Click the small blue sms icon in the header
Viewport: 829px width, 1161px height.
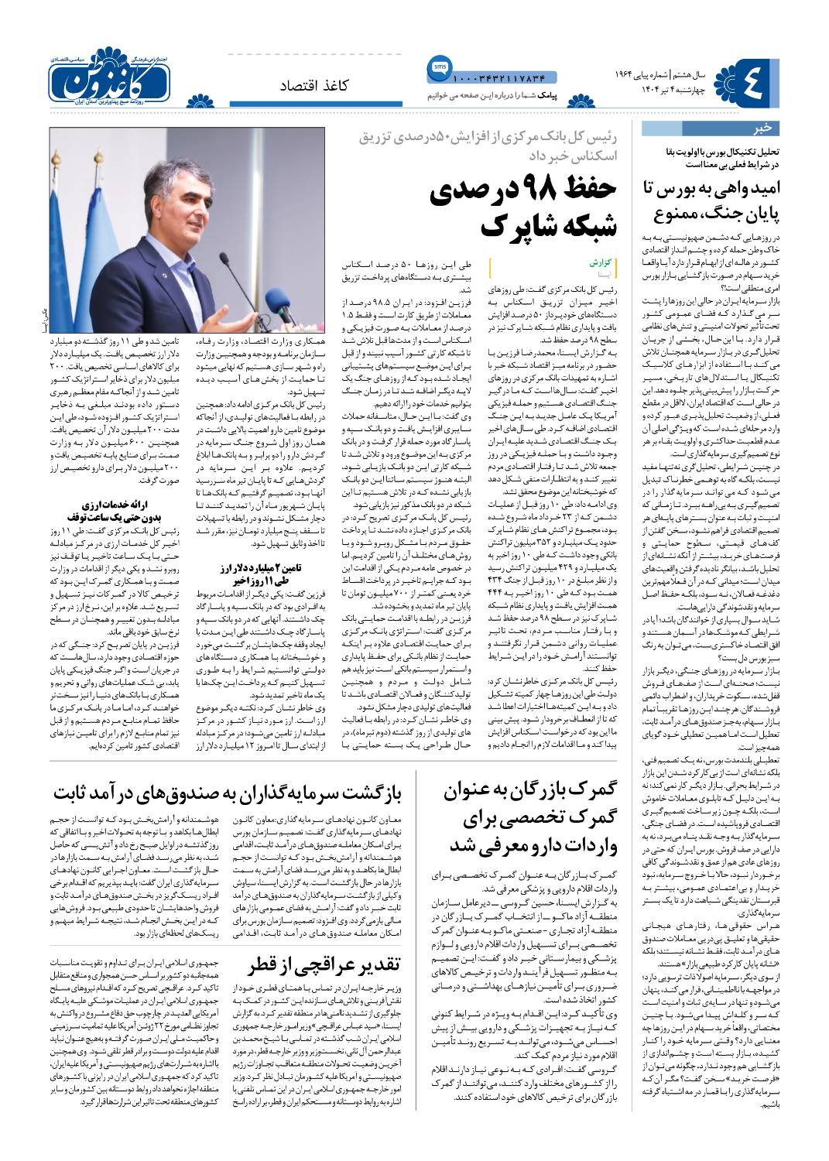[x=433, y=70]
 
